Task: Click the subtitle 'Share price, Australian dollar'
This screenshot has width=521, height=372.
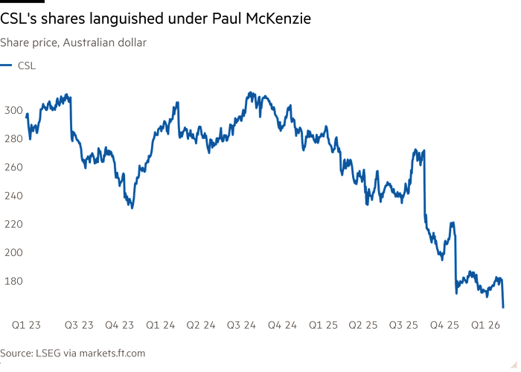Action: (x=73, y=43)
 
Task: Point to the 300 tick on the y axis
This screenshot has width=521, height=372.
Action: (x=13, y=110)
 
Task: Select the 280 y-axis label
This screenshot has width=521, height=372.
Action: (x=13, y=138)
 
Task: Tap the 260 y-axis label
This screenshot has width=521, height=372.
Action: (x=13, y=167)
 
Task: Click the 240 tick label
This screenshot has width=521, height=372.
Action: (x=13, y=195)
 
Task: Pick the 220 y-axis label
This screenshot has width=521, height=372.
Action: (x=13, y=223)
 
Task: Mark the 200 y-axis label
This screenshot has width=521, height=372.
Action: (x=13, y=252)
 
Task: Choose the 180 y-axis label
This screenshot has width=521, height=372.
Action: (x=13, y=280)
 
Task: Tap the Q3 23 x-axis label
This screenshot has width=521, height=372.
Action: (x=80, y=324)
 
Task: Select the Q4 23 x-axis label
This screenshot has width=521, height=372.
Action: (x=120, y=324)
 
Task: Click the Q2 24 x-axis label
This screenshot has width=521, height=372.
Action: (x=200, y=324)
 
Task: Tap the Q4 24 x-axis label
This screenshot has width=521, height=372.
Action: (x=282, y=324)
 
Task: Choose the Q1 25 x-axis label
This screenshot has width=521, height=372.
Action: (x=322, y=324)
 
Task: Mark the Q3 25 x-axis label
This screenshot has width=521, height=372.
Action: (x=403, y=324)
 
